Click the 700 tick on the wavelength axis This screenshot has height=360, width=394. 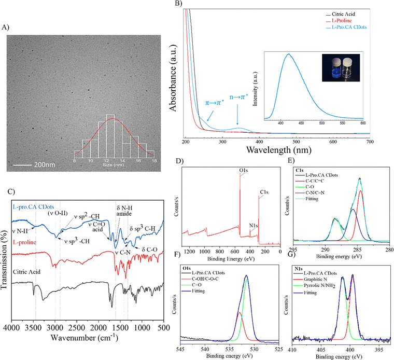369,142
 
